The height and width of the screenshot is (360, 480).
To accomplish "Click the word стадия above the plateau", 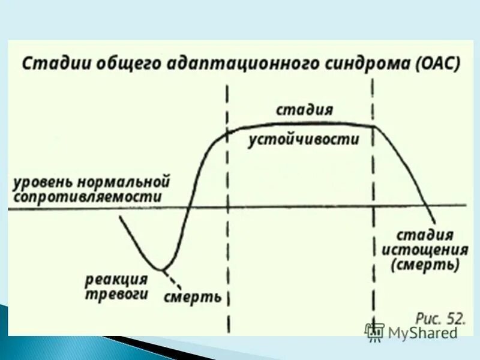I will coord(305,110).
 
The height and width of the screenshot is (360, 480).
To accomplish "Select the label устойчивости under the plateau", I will coord(305,140).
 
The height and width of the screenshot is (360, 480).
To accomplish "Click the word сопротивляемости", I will coord(88,196).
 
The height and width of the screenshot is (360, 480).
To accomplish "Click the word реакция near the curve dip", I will coord(116,279).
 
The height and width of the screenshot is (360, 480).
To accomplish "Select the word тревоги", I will coord(116,294).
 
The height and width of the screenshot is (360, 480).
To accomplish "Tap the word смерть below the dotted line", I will coord(192,297).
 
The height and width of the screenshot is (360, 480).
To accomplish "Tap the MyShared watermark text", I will coord(422,332).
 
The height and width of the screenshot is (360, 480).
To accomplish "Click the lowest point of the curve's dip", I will coord(159,269).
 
